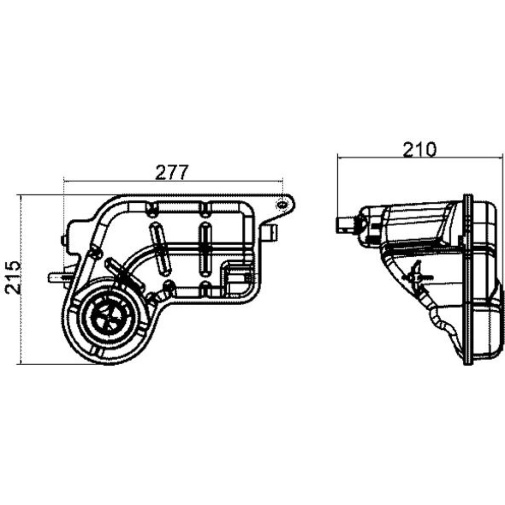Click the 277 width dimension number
171,173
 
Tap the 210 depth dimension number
420,149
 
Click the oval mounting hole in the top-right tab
282,204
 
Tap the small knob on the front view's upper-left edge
63,240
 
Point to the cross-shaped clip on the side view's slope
419,275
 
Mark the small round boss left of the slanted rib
94,253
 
